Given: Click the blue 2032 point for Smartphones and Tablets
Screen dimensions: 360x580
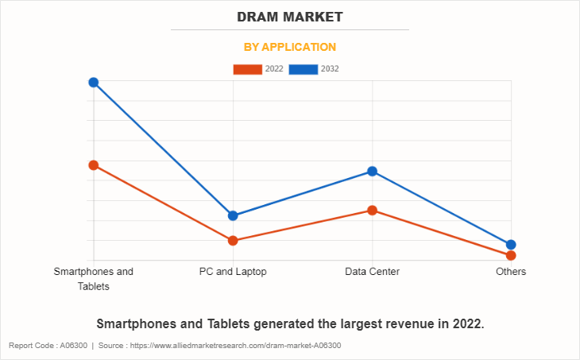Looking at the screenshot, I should coord(94,83).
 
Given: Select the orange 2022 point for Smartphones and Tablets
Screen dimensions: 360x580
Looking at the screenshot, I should coord(94,165).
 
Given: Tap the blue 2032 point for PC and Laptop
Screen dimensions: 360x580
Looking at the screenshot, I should coord(233,215).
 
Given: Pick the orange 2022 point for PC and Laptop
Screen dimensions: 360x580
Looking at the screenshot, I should coord(233,240).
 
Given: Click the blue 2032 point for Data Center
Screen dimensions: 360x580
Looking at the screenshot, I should coord(372,172).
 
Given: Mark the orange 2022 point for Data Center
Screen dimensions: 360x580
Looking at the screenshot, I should coord(372,211).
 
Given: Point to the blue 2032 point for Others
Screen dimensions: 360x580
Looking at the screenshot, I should coord(511,245).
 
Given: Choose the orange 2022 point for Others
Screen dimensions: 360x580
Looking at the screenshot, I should coord(511,255).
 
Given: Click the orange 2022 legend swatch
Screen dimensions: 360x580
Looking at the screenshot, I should coord(247,69).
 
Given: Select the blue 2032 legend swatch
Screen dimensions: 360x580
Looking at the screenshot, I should coord(303,69).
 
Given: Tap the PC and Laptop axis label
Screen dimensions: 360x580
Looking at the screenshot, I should coord(233,272).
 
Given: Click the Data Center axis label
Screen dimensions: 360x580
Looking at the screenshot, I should coord(372,272).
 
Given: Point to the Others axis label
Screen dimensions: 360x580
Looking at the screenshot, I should coord(511,272).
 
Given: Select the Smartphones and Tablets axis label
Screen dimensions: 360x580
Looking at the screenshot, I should coord(94,278).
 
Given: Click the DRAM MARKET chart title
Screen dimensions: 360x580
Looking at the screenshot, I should coord(289,17).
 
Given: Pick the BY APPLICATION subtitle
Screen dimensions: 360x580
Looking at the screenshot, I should coord(289,47).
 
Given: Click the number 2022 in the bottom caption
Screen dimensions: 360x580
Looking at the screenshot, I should coord(465,324).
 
